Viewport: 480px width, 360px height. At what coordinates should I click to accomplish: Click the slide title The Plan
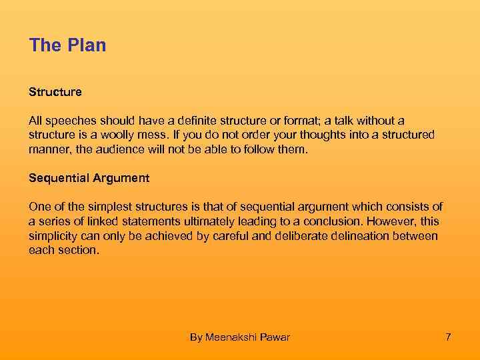67,45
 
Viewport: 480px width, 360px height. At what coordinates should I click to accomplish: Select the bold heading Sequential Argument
89,178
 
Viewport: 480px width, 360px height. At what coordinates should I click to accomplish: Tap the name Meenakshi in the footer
233,337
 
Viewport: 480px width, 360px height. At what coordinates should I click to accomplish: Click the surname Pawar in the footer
276,337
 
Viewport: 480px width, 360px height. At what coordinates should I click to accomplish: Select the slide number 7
448,337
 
